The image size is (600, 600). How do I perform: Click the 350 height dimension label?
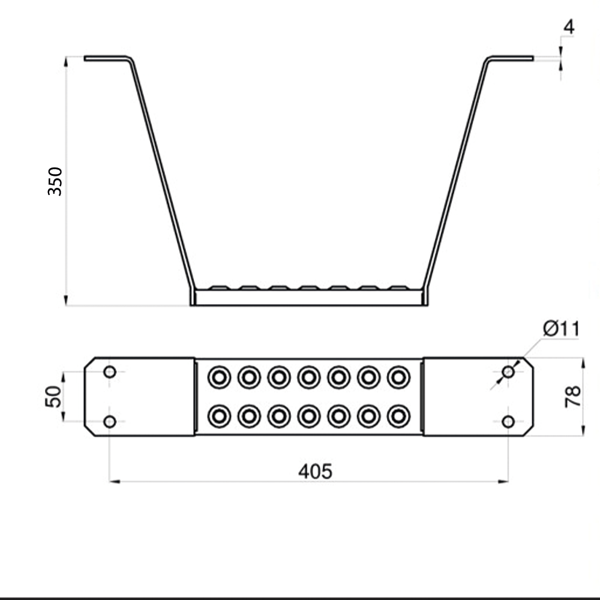(x=55, y=181)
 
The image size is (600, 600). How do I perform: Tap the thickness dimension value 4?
(x=569, y=27)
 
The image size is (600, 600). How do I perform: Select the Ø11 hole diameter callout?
(x=561, y=329)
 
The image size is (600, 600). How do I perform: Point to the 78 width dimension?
(x=573, y=397)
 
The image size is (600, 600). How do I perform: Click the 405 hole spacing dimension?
(x=315, y=472)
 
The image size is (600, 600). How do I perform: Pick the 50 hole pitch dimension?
(x=54, y=397)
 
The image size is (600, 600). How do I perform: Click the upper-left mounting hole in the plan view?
(x=110, y=372)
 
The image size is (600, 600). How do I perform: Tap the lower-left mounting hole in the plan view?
(x=110, y=421)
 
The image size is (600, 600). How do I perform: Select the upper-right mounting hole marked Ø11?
(x=508, y=372)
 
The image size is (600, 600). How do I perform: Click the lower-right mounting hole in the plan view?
(x=508, y=421)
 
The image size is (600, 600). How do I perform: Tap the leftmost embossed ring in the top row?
(x=219, y=377)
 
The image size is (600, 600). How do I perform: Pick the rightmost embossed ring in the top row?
(x=398, y=377)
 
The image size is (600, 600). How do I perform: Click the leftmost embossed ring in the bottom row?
(x=219, y=416)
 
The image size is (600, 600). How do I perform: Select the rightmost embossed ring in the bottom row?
(x=398, y=416)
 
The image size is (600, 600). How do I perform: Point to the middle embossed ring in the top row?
(x=308, y=377)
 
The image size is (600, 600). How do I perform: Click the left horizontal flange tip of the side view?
(x=88, y=58)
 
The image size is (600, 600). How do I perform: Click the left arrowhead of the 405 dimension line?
(x=114, y=481)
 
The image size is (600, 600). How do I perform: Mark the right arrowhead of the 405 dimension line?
(x=504, y=481)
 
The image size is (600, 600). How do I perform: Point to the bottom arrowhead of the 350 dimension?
(x=66, y=301)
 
